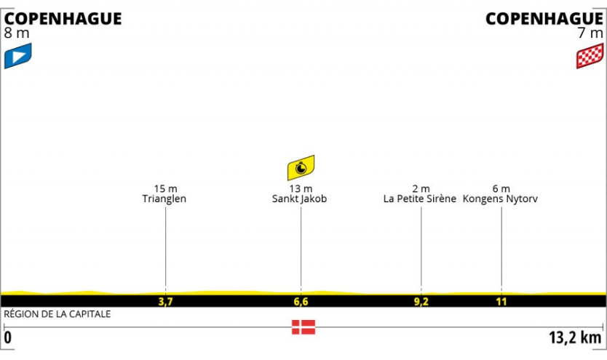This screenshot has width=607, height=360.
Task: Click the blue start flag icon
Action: [x=18, y=56]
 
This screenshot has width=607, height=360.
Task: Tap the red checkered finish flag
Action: [x=590, y=56]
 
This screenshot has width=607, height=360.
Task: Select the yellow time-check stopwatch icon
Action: [x=301, y=168]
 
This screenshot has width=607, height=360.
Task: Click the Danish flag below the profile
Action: [x=303, y=327]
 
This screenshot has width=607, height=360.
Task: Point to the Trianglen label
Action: [x=165, y=199]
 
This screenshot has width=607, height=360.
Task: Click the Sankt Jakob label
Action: [x=301, y=199]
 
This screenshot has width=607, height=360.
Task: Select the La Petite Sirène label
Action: [x=421, y=199]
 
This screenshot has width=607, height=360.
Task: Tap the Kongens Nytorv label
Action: [x=501, y=199]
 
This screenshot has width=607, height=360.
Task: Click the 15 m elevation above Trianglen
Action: [x=165, y=188]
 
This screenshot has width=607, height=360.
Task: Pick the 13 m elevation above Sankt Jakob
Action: [x=301, y=188]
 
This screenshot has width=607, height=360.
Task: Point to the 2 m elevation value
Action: [x=421, y=188]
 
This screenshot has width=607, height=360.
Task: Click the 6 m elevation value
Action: [x=501, y=188]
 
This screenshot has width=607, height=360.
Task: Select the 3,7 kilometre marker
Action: [x=165, y=300]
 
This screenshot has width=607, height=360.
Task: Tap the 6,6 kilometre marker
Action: [x=301, y=300]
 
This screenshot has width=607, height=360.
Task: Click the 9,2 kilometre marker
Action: [x=421, y=300]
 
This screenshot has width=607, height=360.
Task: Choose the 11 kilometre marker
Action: [x=501, y=300]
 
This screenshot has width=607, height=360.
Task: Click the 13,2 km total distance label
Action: [x=575, y=337]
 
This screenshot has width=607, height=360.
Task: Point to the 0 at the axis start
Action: [x=8, y=337]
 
